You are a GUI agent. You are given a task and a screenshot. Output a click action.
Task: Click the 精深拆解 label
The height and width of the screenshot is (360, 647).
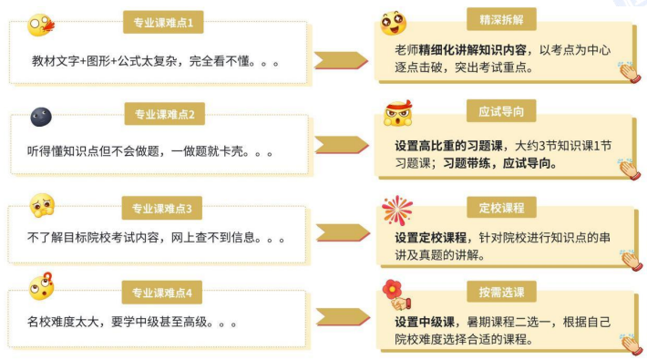coord(501,17)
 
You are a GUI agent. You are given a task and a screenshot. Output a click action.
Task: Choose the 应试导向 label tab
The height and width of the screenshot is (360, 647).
coord(501,111)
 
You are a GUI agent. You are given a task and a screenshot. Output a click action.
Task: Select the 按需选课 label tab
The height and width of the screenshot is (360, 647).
coord(501,292)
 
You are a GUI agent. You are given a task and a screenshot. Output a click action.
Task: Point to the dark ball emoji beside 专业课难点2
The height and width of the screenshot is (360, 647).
coord(41,117)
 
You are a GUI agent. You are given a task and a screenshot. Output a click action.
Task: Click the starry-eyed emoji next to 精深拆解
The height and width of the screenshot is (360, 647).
coord(393,25)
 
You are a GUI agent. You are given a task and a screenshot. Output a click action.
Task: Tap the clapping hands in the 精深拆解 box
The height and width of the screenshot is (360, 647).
coord(630,71)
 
